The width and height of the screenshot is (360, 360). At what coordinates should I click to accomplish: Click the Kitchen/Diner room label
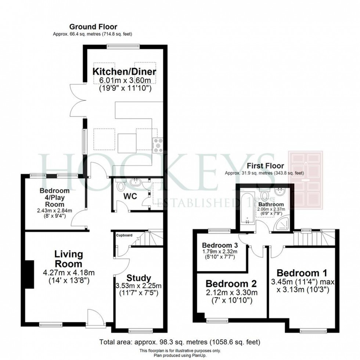tap(124, 72)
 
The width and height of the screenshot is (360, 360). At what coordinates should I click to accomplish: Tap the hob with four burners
tap(158, 145)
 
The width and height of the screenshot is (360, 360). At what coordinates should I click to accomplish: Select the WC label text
tap(130, 196)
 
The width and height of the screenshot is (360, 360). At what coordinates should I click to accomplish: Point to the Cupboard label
tap(124, 235)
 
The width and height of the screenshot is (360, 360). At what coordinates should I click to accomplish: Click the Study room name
tap(139, 278)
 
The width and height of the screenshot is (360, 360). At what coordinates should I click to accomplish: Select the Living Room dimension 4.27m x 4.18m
tap(69, 273)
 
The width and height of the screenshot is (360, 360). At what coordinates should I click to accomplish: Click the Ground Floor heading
tap(93, 27)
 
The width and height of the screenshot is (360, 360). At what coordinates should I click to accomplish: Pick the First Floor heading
tap(265, 166)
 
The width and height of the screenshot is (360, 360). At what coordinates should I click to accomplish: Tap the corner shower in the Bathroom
tap(282, 223)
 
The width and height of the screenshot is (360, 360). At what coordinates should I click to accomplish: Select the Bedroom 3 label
tap(220, 245)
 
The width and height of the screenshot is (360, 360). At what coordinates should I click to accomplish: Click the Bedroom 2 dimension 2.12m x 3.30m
tap(231, 292)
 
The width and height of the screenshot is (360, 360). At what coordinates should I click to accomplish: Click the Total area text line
tap(180, 342)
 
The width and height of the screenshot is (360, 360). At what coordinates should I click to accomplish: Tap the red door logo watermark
tap(306, 180)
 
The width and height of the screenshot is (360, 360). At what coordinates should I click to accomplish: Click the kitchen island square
tap(127, 143)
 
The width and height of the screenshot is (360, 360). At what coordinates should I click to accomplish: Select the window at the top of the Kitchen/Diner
tap(123, 46)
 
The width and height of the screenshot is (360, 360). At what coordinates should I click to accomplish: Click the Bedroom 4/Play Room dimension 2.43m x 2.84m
tap(55, 210)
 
